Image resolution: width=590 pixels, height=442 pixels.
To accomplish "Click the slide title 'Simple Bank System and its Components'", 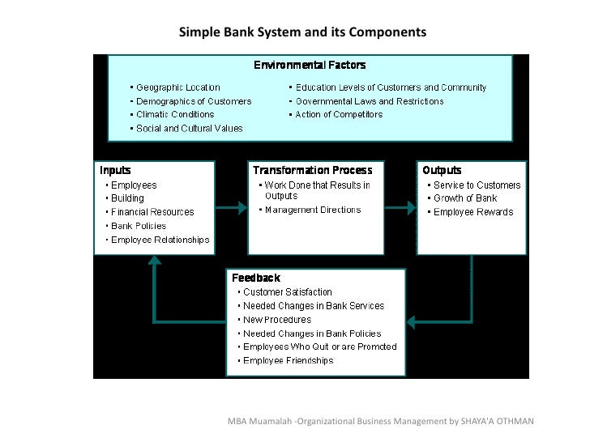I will click(x=302, y=32).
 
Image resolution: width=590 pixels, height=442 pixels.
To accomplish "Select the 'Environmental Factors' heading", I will click(x=310, y=65).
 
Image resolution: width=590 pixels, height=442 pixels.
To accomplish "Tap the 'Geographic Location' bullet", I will click(x=177, y=87).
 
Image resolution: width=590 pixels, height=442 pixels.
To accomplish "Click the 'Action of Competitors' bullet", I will click(x=339, y=114).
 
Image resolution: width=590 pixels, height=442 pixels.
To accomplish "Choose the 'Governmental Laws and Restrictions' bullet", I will click(x=370, y=101).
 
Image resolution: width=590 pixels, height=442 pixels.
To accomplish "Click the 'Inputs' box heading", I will click(x=115, y=170).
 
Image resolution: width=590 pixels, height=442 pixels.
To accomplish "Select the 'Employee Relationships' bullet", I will click(x=160, y=240).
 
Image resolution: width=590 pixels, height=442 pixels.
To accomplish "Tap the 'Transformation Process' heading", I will click(x=313, y=170).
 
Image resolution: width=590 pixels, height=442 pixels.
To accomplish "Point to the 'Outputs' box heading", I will click(x=442, y=170).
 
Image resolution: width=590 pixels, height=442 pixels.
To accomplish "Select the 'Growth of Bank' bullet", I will click(x=465, y=198).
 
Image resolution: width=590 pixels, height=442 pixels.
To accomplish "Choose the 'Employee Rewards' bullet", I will click(x=473, y=212).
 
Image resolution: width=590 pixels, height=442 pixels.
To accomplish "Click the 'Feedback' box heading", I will click(x=256, y=278).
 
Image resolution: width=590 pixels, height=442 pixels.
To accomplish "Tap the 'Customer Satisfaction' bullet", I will click(x=287, y=292).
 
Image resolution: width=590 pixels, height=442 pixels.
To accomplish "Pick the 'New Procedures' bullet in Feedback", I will click(x=277, y=320).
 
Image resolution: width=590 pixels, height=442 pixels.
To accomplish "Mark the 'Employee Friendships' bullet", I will click(x=288, y=361).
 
